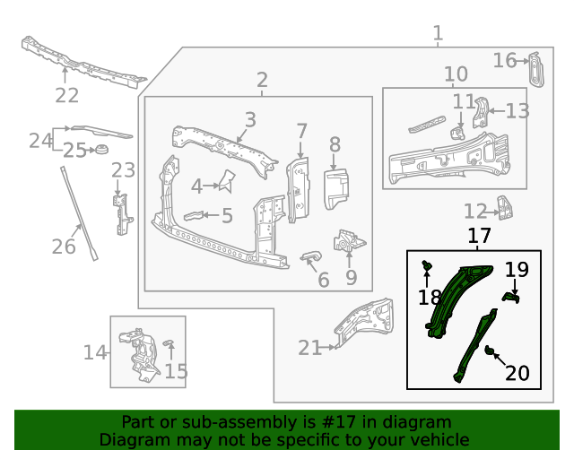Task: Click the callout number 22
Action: pyautogui.click(x=67, y=95)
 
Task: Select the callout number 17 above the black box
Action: pyautogui.click(x=479, y=237)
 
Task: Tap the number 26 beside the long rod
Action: pyautogui.click(x=64, y=245)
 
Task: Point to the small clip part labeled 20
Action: pyautogui.click(x=491, y=350)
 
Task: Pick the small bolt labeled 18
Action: pyautogui.click(x=427, y=264)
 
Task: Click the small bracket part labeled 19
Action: pyautogui.click(x=509, y=296)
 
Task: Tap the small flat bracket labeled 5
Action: pyautogui.click(x=193, y=215)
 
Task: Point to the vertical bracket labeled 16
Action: pyautogui.click(x=536, y=69)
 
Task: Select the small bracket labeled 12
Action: pyautogui.click(x=506, y=209)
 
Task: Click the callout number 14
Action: pyautogui.click(x=95, y=352)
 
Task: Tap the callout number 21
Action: pyautogui.click(x=309, y=348)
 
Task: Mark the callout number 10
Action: pyautogui.click(x=456, y=74)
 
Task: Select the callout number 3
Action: pyautogui.click(x=250, y=119)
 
